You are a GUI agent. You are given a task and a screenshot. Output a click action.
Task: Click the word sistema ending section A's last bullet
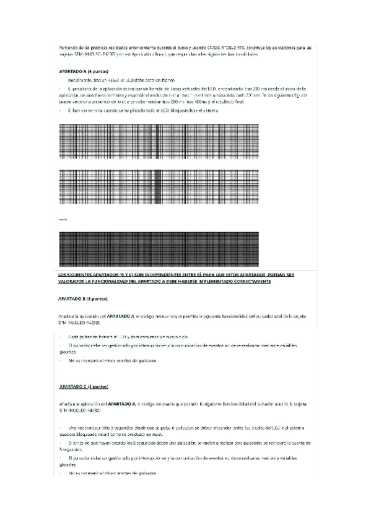pyautogui.click(x=227, y=110)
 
